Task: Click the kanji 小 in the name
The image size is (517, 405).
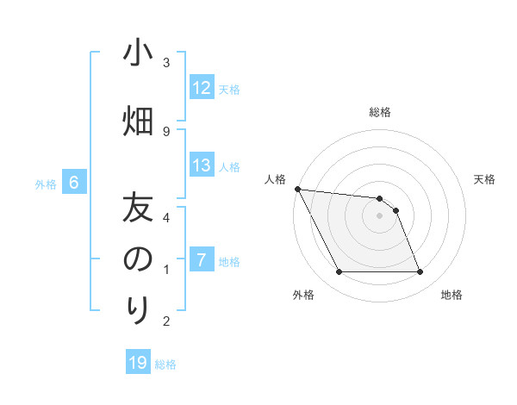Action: tap(138, 53)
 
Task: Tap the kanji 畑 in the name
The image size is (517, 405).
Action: tap(138, 119)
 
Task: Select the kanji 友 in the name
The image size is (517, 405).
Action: tap(138, 208)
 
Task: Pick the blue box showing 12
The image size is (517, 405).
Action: tap(202, 88)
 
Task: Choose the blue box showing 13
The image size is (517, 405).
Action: tap(202, 165)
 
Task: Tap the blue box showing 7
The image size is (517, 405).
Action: tap(202, 260)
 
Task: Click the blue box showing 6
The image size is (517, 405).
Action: tap(74, 183)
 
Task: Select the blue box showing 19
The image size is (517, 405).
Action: tap(138, 363)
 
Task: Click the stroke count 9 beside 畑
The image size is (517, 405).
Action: tap(166, 131)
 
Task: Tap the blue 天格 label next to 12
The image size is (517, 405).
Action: tap(229, 89)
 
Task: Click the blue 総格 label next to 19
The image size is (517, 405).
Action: tap(165, 364)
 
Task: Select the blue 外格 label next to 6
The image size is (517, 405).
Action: tap(46, 184)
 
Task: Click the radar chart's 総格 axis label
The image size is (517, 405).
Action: tap(380, 112)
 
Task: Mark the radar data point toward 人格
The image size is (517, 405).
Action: tap(297, 189)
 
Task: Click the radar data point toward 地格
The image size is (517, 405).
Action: tap(420, 272)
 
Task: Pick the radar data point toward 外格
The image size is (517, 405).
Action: tap(339, 272)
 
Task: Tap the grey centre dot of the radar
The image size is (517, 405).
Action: tap(380, 215)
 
